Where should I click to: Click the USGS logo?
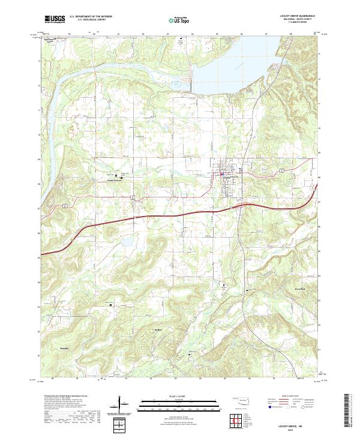(x=55, y=19)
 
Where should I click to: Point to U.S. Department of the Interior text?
(x=91, y=17)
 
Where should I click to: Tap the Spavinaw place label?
(x=53, y=40)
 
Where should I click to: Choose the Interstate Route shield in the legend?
(x=269, y=406)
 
